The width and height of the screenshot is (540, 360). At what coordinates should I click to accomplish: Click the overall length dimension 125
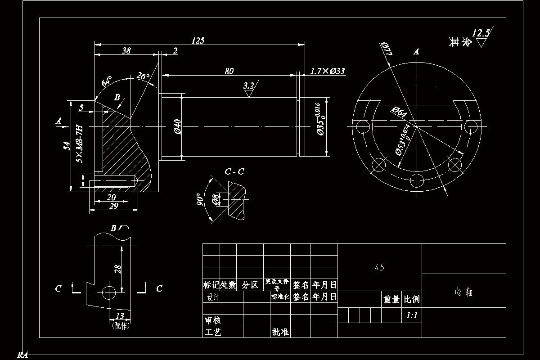[x=198, y=40]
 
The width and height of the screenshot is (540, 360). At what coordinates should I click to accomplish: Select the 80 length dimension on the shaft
[x=229, y=71]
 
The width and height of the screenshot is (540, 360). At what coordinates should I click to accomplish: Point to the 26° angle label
[x=143, y=76]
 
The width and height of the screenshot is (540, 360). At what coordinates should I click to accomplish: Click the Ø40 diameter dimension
[x=177, y=126]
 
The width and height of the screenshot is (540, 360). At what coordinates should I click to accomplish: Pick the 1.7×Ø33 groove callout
[x=328, y=71]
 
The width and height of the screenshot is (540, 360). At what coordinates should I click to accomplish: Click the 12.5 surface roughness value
[x=481, y=33]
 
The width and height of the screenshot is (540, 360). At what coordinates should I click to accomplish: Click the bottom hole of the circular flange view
[x=417, y=181]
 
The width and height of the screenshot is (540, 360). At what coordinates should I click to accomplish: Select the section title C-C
[x=234, y=171]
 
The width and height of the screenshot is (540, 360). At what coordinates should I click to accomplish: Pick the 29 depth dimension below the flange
[x=113, y=206]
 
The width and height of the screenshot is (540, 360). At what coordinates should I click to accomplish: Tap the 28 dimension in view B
[x=118, y=269]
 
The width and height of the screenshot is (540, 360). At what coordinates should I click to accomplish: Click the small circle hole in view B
[x=109, y=292]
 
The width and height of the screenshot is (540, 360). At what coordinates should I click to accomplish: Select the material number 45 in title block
[x=379, y=267]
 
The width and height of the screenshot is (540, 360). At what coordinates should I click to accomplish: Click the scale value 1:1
[x=411, y=315]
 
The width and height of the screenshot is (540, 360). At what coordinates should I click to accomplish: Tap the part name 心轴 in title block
[x=463, y=292]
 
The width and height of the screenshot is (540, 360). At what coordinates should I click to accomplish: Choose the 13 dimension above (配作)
[x=120, y=316]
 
